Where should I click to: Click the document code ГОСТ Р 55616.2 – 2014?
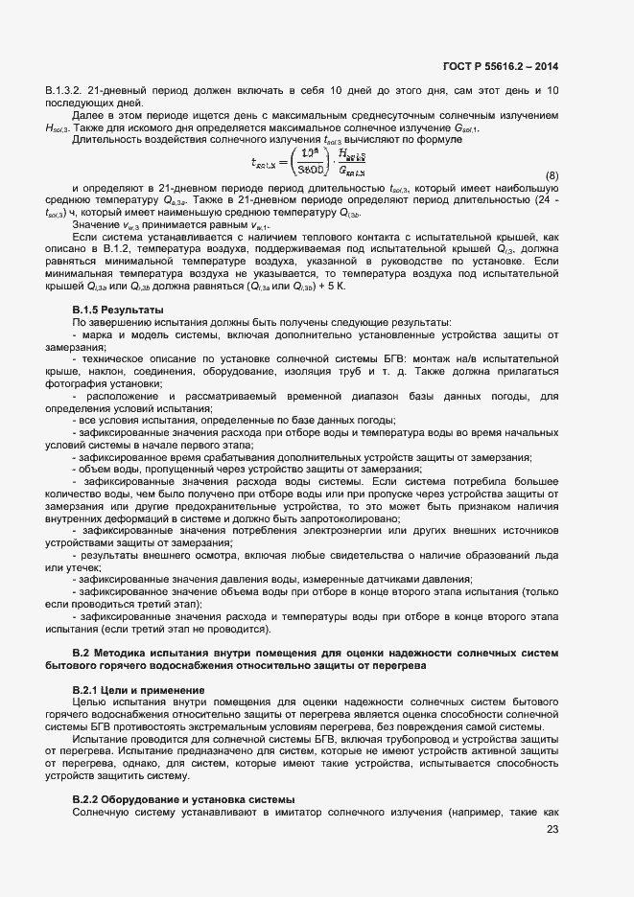pyautogui.click(x=502, y=66)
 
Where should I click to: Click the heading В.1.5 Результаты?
pyautogui.click(x=118, y=310)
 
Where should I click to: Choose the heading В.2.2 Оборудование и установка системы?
pyautogui.click(x=184, y=800)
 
